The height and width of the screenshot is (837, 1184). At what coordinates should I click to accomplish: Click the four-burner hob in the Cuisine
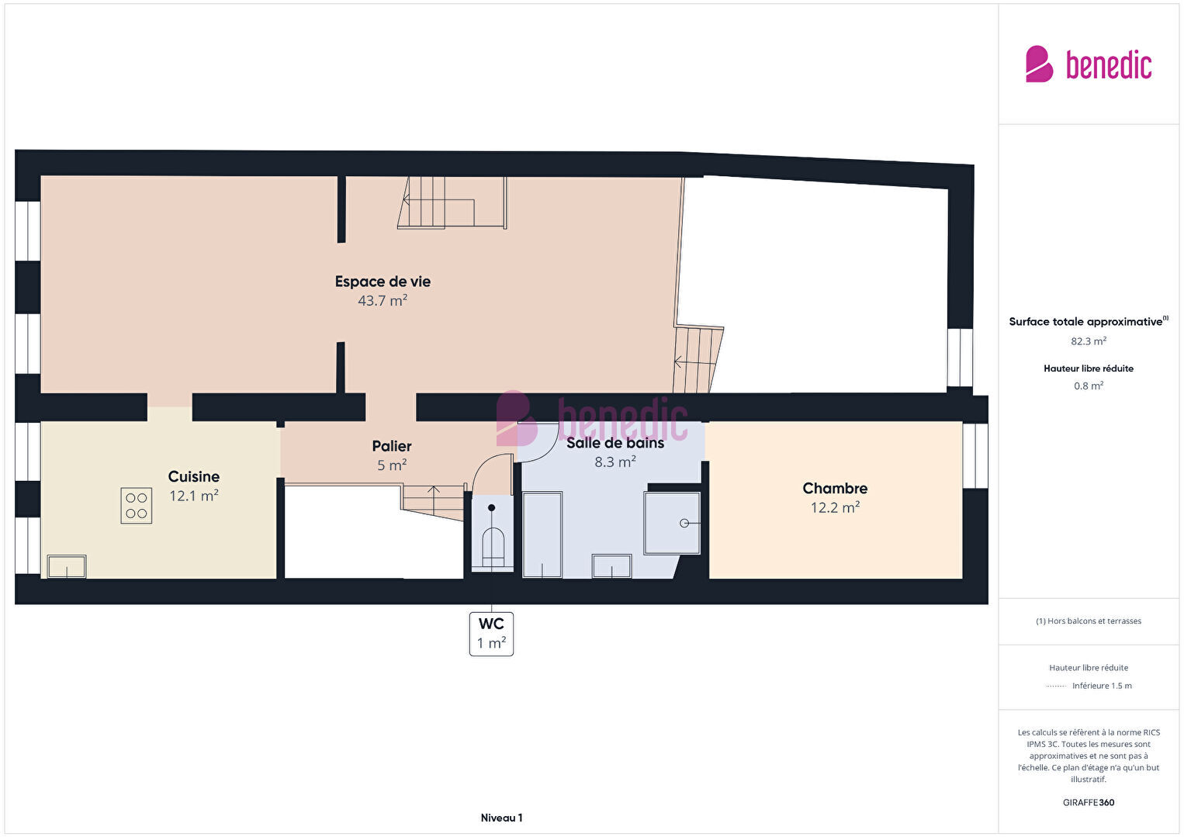coord(137,506)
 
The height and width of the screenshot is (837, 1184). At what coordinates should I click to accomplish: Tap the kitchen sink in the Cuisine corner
coord(67,566)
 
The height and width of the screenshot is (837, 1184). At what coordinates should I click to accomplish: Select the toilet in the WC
coord(493,548)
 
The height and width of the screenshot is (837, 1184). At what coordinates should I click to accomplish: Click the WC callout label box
coord(492,634)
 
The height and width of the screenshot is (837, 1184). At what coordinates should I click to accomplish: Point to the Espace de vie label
coord(383,282)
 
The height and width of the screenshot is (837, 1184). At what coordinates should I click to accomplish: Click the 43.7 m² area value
coord(383,301)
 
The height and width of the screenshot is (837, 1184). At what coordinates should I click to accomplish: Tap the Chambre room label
coord(835,488)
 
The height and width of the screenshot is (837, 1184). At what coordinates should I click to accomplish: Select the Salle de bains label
coord(615,443)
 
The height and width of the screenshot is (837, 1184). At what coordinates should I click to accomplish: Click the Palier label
coord(392,447)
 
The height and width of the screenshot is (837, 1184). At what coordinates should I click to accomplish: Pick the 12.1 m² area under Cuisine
coord(194,496)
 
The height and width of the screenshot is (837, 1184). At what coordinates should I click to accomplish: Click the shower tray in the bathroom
coord(672,523)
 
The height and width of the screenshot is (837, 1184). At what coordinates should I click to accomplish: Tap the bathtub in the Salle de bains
coord(542,534)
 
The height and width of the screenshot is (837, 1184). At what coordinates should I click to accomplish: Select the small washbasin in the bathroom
coord(611,566)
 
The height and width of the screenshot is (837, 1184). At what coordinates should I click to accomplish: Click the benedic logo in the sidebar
coord(1089,64)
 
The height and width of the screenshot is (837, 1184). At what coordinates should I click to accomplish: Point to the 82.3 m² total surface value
coord(1089,341)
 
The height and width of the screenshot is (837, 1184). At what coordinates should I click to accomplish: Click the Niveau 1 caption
coord(502,818)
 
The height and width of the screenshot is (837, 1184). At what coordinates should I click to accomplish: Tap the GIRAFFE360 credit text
coord(1089,803)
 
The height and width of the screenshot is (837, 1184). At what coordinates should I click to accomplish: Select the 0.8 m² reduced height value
coord(1089,386)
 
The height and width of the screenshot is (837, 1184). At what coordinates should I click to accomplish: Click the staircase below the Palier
coord(433,502)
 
